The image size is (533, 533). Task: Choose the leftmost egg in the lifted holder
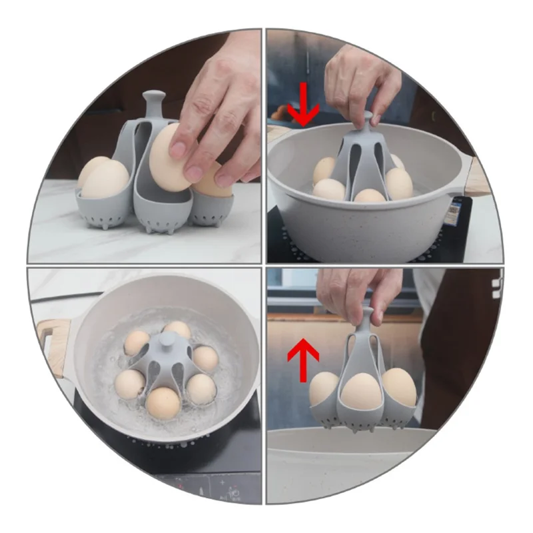pyautogui.click(x=325, y=388)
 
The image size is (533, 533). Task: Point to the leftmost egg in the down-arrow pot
pyautogui.click(x=324, y=170)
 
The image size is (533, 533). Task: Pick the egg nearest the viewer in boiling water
pyautogui.click(x=163, y=402)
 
